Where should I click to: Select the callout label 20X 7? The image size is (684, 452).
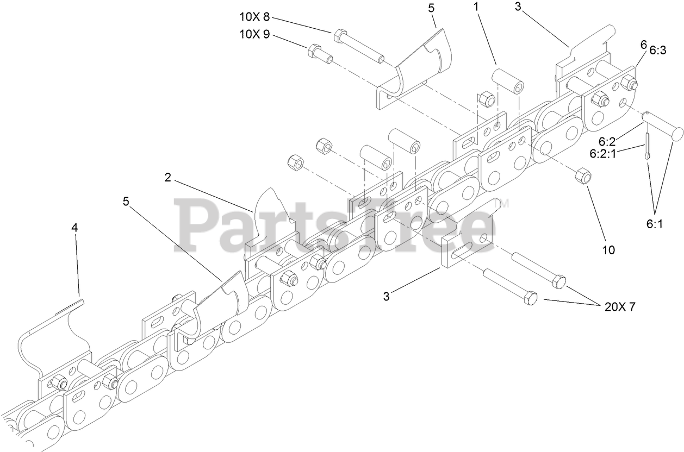click(x=619, y=306)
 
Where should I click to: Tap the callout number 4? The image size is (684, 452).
click(x=75, y=228)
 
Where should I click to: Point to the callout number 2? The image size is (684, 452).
click(x=168, y=177)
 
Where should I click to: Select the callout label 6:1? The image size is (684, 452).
click(x=654, y=223)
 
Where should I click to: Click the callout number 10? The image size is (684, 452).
click(x=608, y=250)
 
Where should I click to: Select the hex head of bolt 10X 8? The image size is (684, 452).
click(x=339, y=35)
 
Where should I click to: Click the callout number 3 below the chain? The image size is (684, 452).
click(x=387, y=296)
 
